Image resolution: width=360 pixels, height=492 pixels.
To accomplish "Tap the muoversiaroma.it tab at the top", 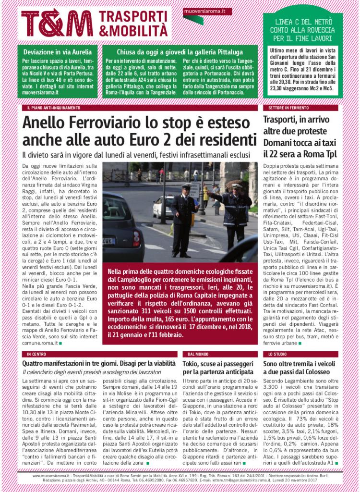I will pos(207,11).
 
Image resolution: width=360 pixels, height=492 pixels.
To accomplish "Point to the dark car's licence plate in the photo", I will pos(109,240).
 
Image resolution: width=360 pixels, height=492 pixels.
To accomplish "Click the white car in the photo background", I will pos(163,206).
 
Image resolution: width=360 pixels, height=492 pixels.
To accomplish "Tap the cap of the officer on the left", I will pos(186,186).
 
